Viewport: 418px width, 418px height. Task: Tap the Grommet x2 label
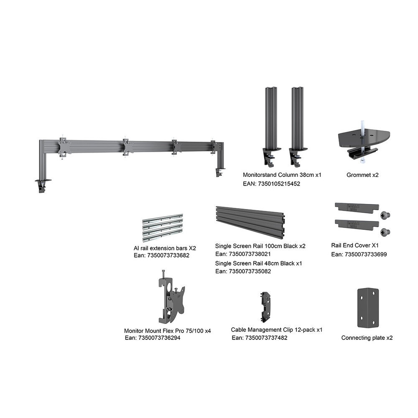362,175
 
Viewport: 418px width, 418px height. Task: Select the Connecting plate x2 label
367,338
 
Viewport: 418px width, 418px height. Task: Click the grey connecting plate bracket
368,308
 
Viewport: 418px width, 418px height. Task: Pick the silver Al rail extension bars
163,227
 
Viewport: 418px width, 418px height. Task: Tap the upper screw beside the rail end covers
385,214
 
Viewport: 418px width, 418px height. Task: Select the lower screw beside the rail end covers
385,232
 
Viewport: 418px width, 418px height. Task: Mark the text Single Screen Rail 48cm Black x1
259,263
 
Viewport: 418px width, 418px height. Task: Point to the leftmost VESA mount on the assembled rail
64,147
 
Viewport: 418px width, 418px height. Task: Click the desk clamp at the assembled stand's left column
43,185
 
